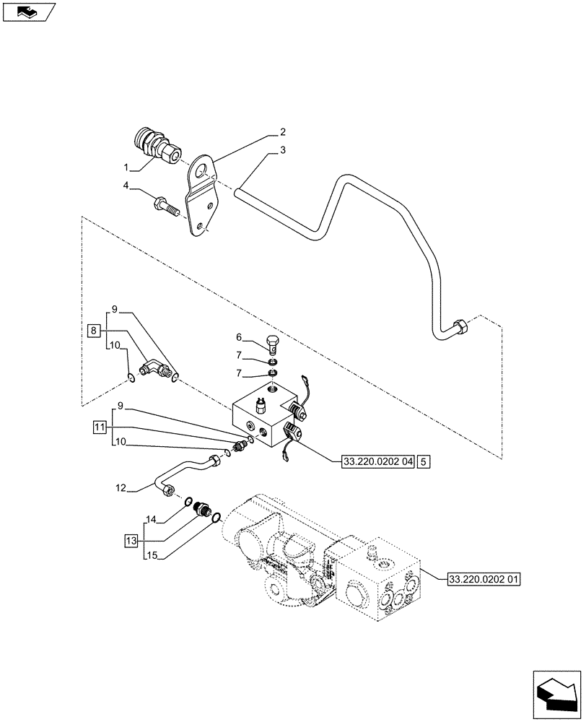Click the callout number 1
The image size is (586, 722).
127,168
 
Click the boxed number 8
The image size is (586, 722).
93,331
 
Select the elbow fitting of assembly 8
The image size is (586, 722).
154,369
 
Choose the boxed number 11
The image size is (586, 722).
98,428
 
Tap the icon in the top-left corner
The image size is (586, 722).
28,13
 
